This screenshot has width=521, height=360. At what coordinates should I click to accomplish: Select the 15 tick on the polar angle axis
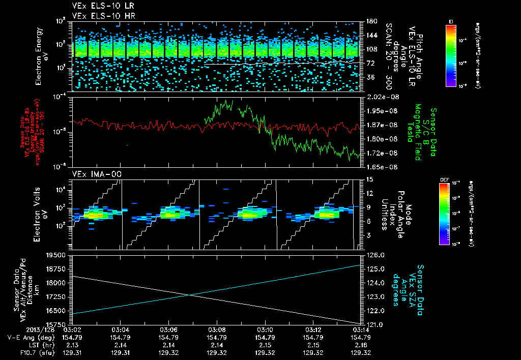(x=368, y=179)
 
